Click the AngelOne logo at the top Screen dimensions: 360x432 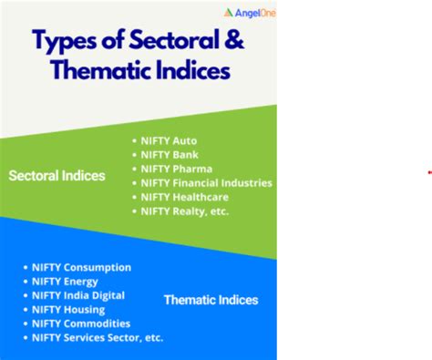(x=249, y=13)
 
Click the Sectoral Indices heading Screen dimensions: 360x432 (x=57, y=175)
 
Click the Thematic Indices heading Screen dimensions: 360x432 (x=211, y=299)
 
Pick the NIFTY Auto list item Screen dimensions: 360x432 (x=169, y=141)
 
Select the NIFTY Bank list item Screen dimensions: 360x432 (x=170, y=155)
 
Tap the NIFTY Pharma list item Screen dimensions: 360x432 (x=176, y=169)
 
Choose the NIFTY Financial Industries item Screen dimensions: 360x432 (x=206, y=183)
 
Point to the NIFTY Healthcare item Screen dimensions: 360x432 (x=185, y=197)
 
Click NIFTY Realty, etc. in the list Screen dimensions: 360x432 (x=185, y=211)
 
